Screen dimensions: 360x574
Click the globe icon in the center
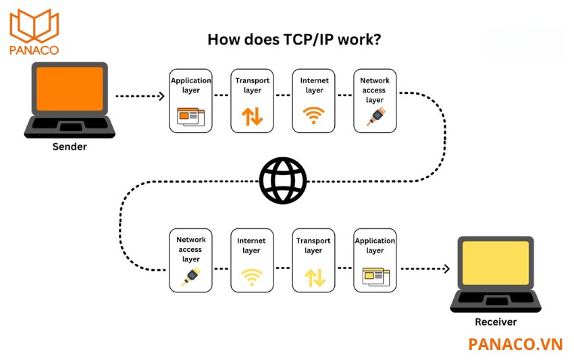click(283, 180)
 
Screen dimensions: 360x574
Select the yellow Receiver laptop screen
click(496, 264)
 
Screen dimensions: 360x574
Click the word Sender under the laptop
click(70, 147)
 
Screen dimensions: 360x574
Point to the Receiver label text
click(496, 322)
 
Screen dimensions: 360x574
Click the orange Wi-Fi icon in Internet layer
click(313, 115)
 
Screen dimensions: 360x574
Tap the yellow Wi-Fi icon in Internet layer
click(251, 276)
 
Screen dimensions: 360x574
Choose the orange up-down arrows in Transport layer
click(252, 116)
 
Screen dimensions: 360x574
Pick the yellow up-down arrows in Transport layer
click(313, 277)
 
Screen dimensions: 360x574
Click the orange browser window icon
click(190, 116)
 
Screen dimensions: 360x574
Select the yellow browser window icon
click(375, 276)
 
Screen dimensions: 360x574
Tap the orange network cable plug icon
click(374, 117)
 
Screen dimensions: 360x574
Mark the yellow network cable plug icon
click(190, 277)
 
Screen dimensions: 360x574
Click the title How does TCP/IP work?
click(293, 39)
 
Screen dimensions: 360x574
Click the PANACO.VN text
click(515, 344)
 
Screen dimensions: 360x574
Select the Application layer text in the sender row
click(190, 85)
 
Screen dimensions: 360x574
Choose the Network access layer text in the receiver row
click(190, 249)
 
